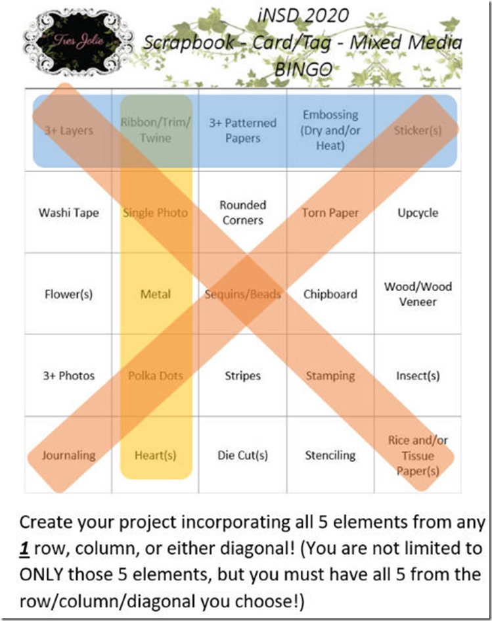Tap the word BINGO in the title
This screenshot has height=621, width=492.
(x=303, y=68)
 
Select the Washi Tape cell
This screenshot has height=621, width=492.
(x=68, y=213)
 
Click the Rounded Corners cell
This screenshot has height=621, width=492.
(x=243, y=213)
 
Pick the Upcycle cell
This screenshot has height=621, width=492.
(x=418, y=213)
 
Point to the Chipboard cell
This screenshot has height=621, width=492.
(x=330, y=294)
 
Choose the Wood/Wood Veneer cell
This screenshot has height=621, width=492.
(x=418, y=294)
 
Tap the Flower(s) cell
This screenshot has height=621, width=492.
(x=68, y=294)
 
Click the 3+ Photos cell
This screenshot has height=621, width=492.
(x=68, y=376)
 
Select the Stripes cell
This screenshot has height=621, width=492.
(x=243, y=376)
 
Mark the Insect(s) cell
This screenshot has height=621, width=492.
(x=418, y=376)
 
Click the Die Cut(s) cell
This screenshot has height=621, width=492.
(x=243, y=455)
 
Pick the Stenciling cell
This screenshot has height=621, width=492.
(x=330, y=455)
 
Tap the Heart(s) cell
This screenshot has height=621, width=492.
(x=156, y=455)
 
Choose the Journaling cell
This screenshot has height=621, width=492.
(x=68, y=455)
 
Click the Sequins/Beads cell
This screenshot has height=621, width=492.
(x=243, y=294)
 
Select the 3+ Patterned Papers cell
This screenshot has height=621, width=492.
(x=243, y=130)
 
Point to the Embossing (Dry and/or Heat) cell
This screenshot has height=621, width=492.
(x=330, y=130)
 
